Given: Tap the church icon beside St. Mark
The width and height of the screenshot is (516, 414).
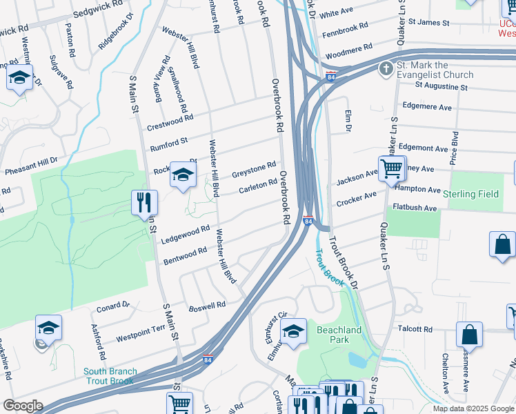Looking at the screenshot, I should point(386,69).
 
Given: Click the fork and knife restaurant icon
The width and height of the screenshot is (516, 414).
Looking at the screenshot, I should point(145,202).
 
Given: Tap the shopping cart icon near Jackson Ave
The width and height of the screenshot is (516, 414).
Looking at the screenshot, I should point(391,168).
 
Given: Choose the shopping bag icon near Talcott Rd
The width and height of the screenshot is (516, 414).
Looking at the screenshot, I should point(469,335).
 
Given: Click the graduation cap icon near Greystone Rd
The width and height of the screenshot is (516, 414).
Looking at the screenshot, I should point(183,175).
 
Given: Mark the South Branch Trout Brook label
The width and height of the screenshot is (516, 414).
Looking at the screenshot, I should point(110,376).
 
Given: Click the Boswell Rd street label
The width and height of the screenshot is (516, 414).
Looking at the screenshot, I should point(208,304).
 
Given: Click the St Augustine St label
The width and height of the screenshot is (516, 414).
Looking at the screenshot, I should point(441,88).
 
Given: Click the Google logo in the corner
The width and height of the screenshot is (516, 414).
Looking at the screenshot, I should point(23,406).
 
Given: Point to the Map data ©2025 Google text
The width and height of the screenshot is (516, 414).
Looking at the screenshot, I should point(473,408).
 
